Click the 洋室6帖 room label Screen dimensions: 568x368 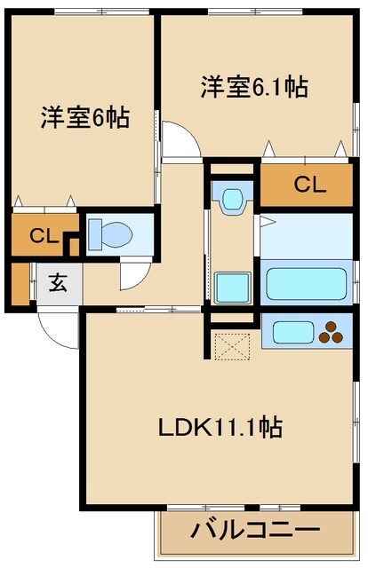pyautogui.click(x=84, y=119)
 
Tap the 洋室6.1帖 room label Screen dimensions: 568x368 pyautogui.click(x=253, y=87)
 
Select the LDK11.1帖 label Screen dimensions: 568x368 pyautogui.click(x=220, y=429)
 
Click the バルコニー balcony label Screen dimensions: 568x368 pyautogui.click(x=255, y=533)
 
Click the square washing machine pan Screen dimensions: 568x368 pyautogui.click(x=234, y=288)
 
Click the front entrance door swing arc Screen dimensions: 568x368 pyautogui.click(x=55, y=330)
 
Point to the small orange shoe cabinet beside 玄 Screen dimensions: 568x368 pyautogui.click(x=21, y=282)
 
